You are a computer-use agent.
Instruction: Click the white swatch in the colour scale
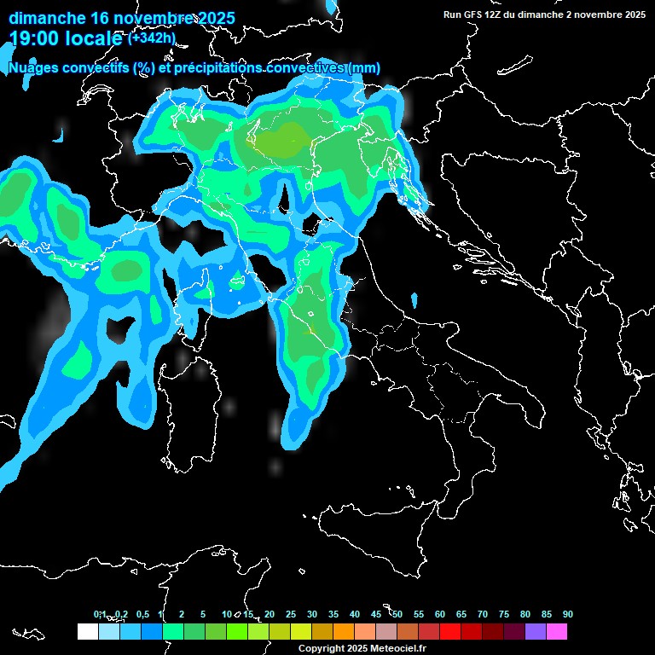click(87, 631)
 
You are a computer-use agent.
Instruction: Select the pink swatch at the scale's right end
click(557, 631)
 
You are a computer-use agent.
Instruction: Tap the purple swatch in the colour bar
click(536, 631)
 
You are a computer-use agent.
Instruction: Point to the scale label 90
click(568, 614)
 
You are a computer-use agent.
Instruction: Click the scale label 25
click(291, 614)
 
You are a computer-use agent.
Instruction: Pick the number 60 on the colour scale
click(440, 614)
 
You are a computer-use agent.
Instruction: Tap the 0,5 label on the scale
click(142, 614)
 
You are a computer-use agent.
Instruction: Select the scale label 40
click(355, 614)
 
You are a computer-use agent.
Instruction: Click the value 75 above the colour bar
click(504, 614)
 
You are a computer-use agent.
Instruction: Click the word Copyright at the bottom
click(322, 648)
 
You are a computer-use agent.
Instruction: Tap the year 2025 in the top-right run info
click(633, 14)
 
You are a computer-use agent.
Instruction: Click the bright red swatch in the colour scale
click(450, 631)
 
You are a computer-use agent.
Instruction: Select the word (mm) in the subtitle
click(365, 68)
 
